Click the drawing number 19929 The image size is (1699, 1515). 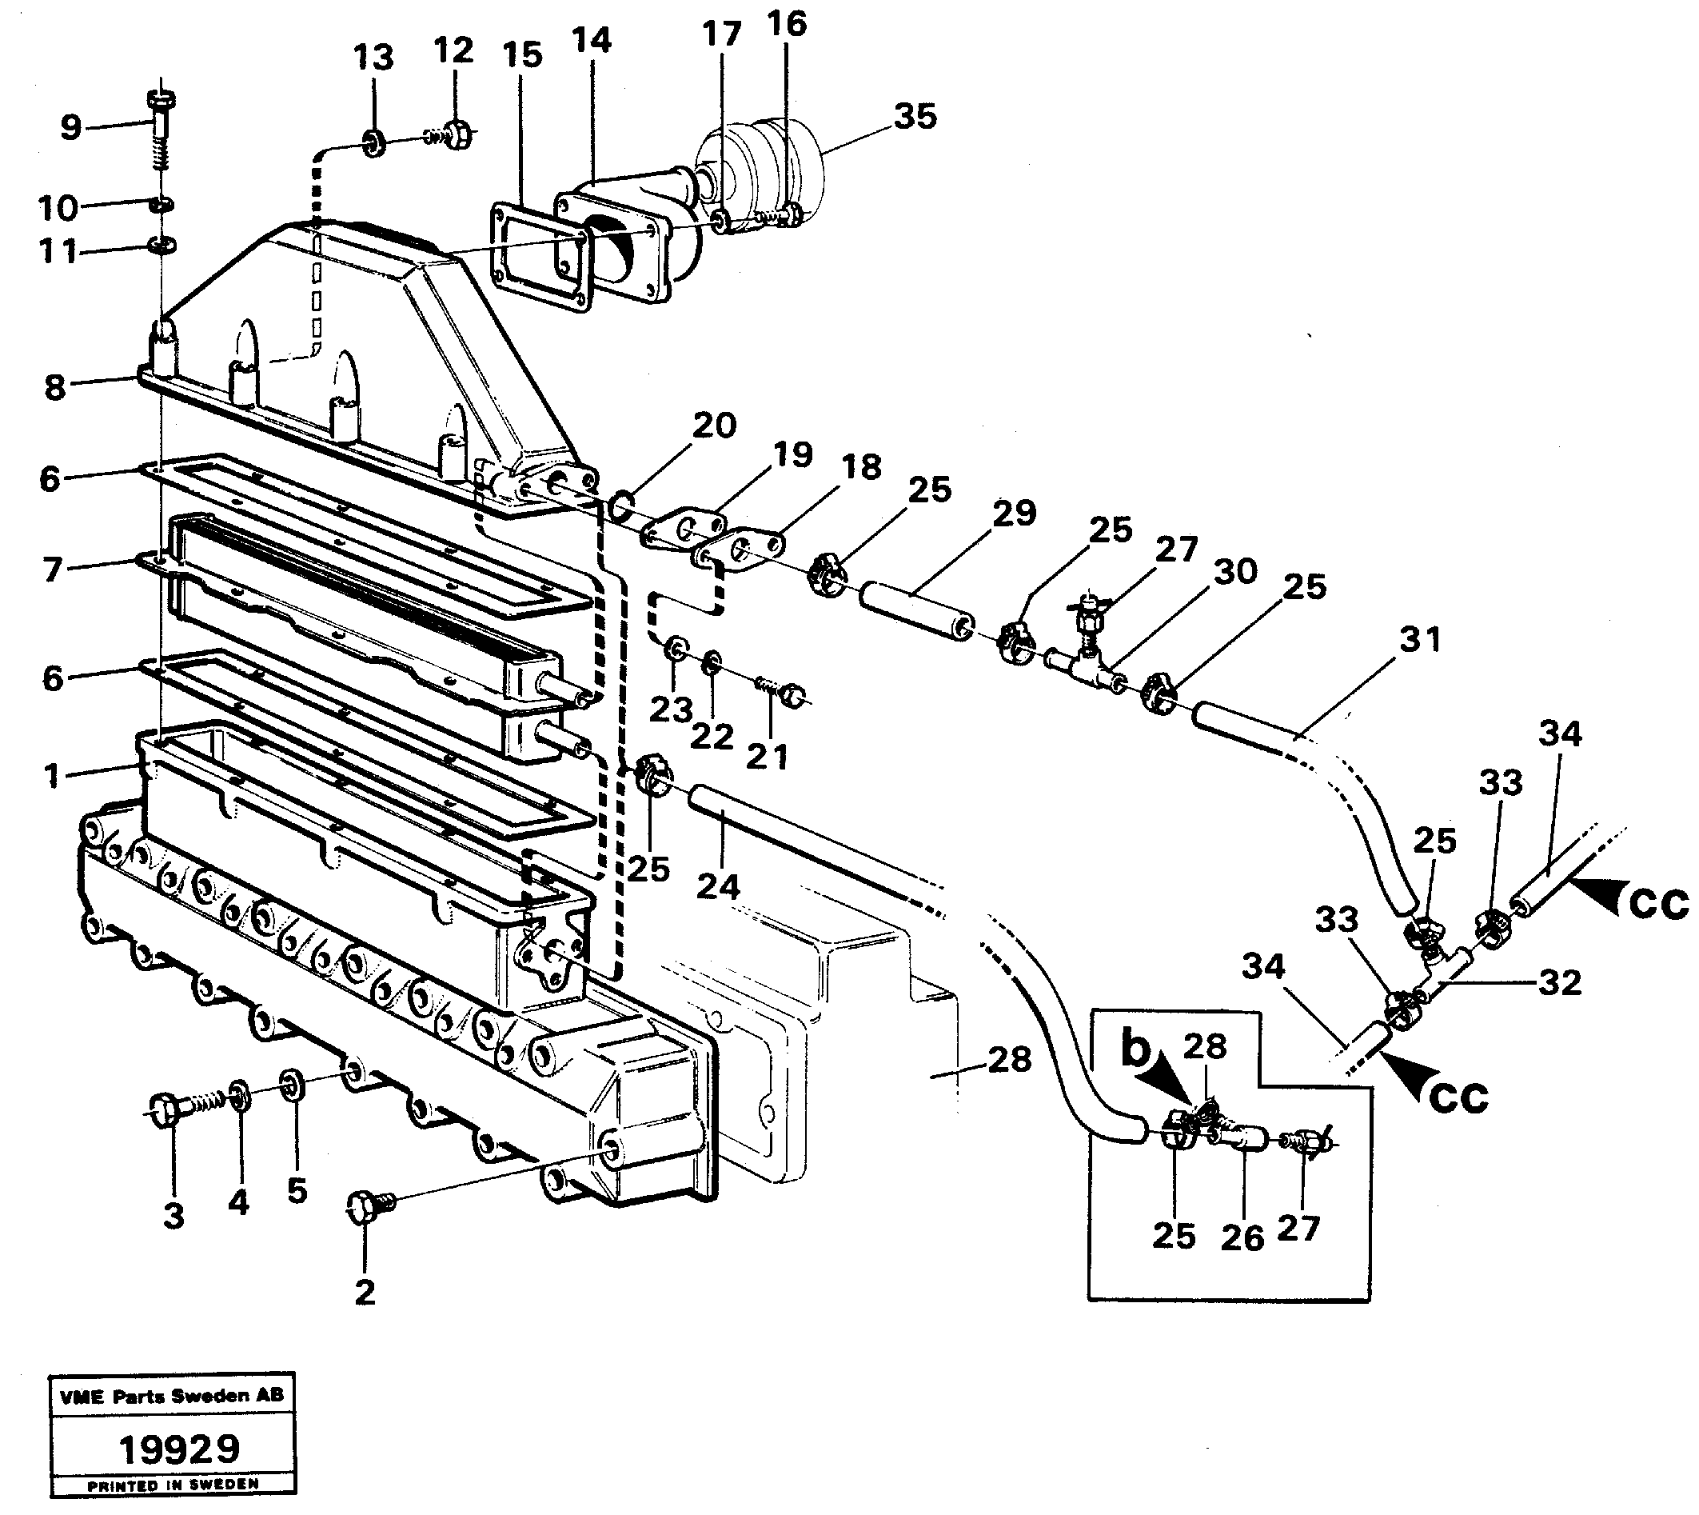coord(179,1449)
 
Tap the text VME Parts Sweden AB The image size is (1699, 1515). coord(171,1396)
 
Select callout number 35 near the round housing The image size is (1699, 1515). coord(915,116)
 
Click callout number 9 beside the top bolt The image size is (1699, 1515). coord(71,128)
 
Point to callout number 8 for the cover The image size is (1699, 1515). coord(55,387)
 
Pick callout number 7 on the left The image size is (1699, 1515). coord(53,570)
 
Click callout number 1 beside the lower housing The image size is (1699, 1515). coord(53,777)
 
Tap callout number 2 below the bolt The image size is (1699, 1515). coord(365,1292)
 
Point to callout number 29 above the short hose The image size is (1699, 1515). coord(1014,514)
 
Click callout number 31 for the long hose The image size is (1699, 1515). coord(1419,639)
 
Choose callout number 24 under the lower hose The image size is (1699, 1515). coord(717,887)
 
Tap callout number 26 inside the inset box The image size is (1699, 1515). coord(1242,1237)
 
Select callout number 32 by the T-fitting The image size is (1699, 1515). coord(1559,982)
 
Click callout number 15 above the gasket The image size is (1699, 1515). coord(523,55)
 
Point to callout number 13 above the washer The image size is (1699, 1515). coord(373,58)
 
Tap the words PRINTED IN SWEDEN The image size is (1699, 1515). coord(173,1484)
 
